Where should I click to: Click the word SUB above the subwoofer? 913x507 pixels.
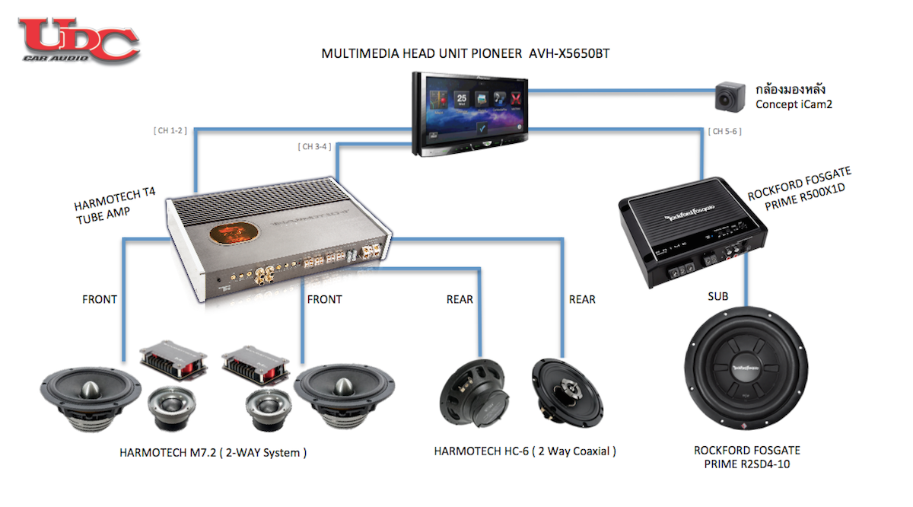[719, 295]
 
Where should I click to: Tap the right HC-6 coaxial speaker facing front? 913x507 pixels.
[567, 393]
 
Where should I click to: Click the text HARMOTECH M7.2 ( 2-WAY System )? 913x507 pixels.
[213, 452]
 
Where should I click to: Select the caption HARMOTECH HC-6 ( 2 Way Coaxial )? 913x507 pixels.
[524, 451]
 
